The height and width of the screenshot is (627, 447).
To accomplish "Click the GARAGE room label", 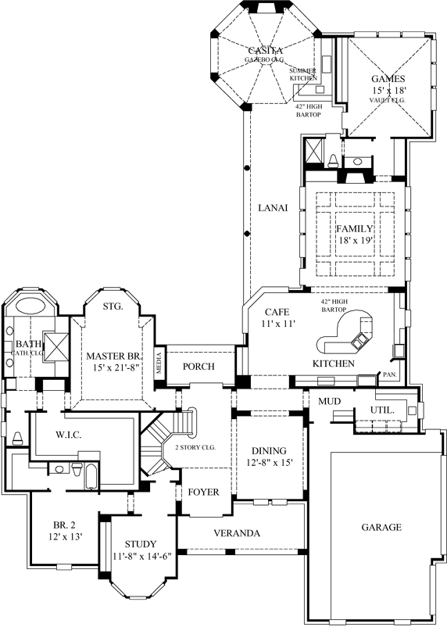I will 381,527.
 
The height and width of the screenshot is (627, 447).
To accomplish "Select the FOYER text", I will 202,492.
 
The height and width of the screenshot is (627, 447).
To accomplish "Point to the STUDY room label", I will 140,544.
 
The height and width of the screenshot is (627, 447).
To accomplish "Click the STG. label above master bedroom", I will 113,306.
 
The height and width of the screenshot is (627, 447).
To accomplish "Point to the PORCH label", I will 198,366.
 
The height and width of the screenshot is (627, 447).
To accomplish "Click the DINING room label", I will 268,451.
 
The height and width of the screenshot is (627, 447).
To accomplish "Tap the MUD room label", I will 328,401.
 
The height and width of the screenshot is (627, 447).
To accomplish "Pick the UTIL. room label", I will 382,410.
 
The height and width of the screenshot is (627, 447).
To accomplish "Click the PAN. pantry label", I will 388,375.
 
